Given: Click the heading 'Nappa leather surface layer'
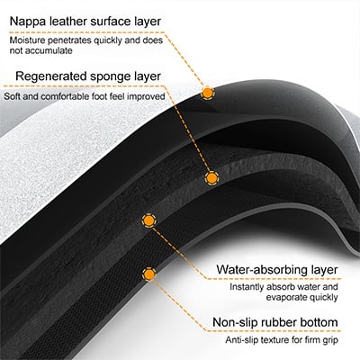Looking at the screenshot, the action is click(85, 22).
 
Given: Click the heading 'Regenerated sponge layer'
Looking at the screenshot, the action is click(88, 76).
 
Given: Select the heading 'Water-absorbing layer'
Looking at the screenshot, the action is click(277, 269).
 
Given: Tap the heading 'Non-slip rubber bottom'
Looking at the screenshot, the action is click(275, 322).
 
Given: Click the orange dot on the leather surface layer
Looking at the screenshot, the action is click(207, 94).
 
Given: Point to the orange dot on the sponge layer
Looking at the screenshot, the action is click(211, 178).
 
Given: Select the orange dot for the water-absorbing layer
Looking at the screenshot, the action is click(148, 220).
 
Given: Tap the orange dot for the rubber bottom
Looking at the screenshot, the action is click(149, 274).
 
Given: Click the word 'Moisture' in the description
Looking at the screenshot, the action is click(27, 40).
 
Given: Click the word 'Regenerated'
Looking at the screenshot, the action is click(50, 76).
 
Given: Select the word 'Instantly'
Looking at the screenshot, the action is click(247, 287).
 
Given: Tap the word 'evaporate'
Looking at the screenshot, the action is click(284, 298).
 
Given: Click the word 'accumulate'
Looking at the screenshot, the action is click(49, 50).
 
